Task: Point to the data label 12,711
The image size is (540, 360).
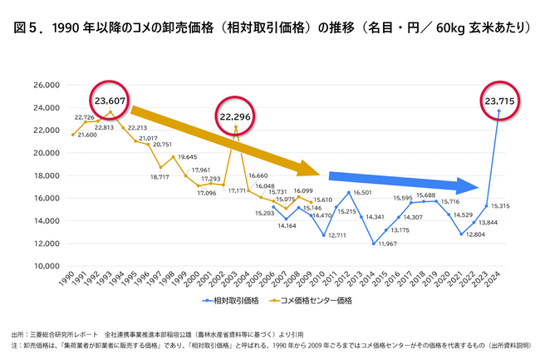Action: [x=337, y=235]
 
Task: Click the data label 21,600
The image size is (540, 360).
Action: [x=87, y=135]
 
